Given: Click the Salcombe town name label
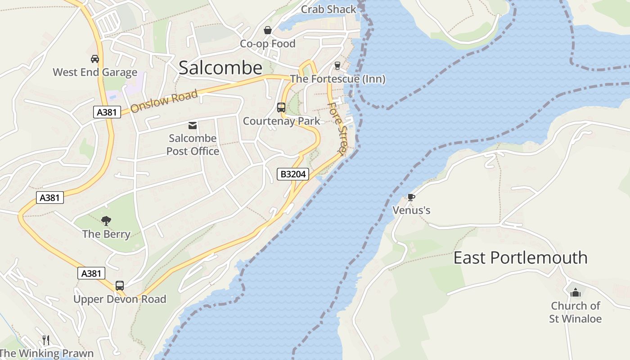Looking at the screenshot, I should point(220,68).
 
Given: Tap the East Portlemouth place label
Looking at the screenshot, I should point(520,258).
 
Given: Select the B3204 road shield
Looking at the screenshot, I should point(293,174).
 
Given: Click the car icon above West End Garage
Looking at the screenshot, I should point(95,59).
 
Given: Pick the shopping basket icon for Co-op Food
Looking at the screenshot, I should point(268,30).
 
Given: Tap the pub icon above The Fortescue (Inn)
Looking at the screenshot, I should point(337,66).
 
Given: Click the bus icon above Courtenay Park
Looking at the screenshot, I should point(281,108).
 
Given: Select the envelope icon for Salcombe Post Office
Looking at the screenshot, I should point(193,125).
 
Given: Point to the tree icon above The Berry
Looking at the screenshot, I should point(106,220).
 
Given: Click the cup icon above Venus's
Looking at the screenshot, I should point(411,197).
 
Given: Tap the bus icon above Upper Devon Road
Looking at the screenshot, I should point(120,286).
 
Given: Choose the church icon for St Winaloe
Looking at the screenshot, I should point(576,293).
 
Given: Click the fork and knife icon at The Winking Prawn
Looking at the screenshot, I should point(45,340).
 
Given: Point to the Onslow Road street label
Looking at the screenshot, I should point(164,101).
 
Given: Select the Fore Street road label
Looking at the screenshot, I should point(338,128).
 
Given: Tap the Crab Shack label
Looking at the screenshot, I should point(328,9).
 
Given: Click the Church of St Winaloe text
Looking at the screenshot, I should point(576,312).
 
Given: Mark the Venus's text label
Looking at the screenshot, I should point(411,210).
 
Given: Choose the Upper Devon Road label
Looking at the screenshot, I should point(120,299).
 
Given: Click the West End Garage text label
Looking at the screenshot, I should point(95,72).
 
